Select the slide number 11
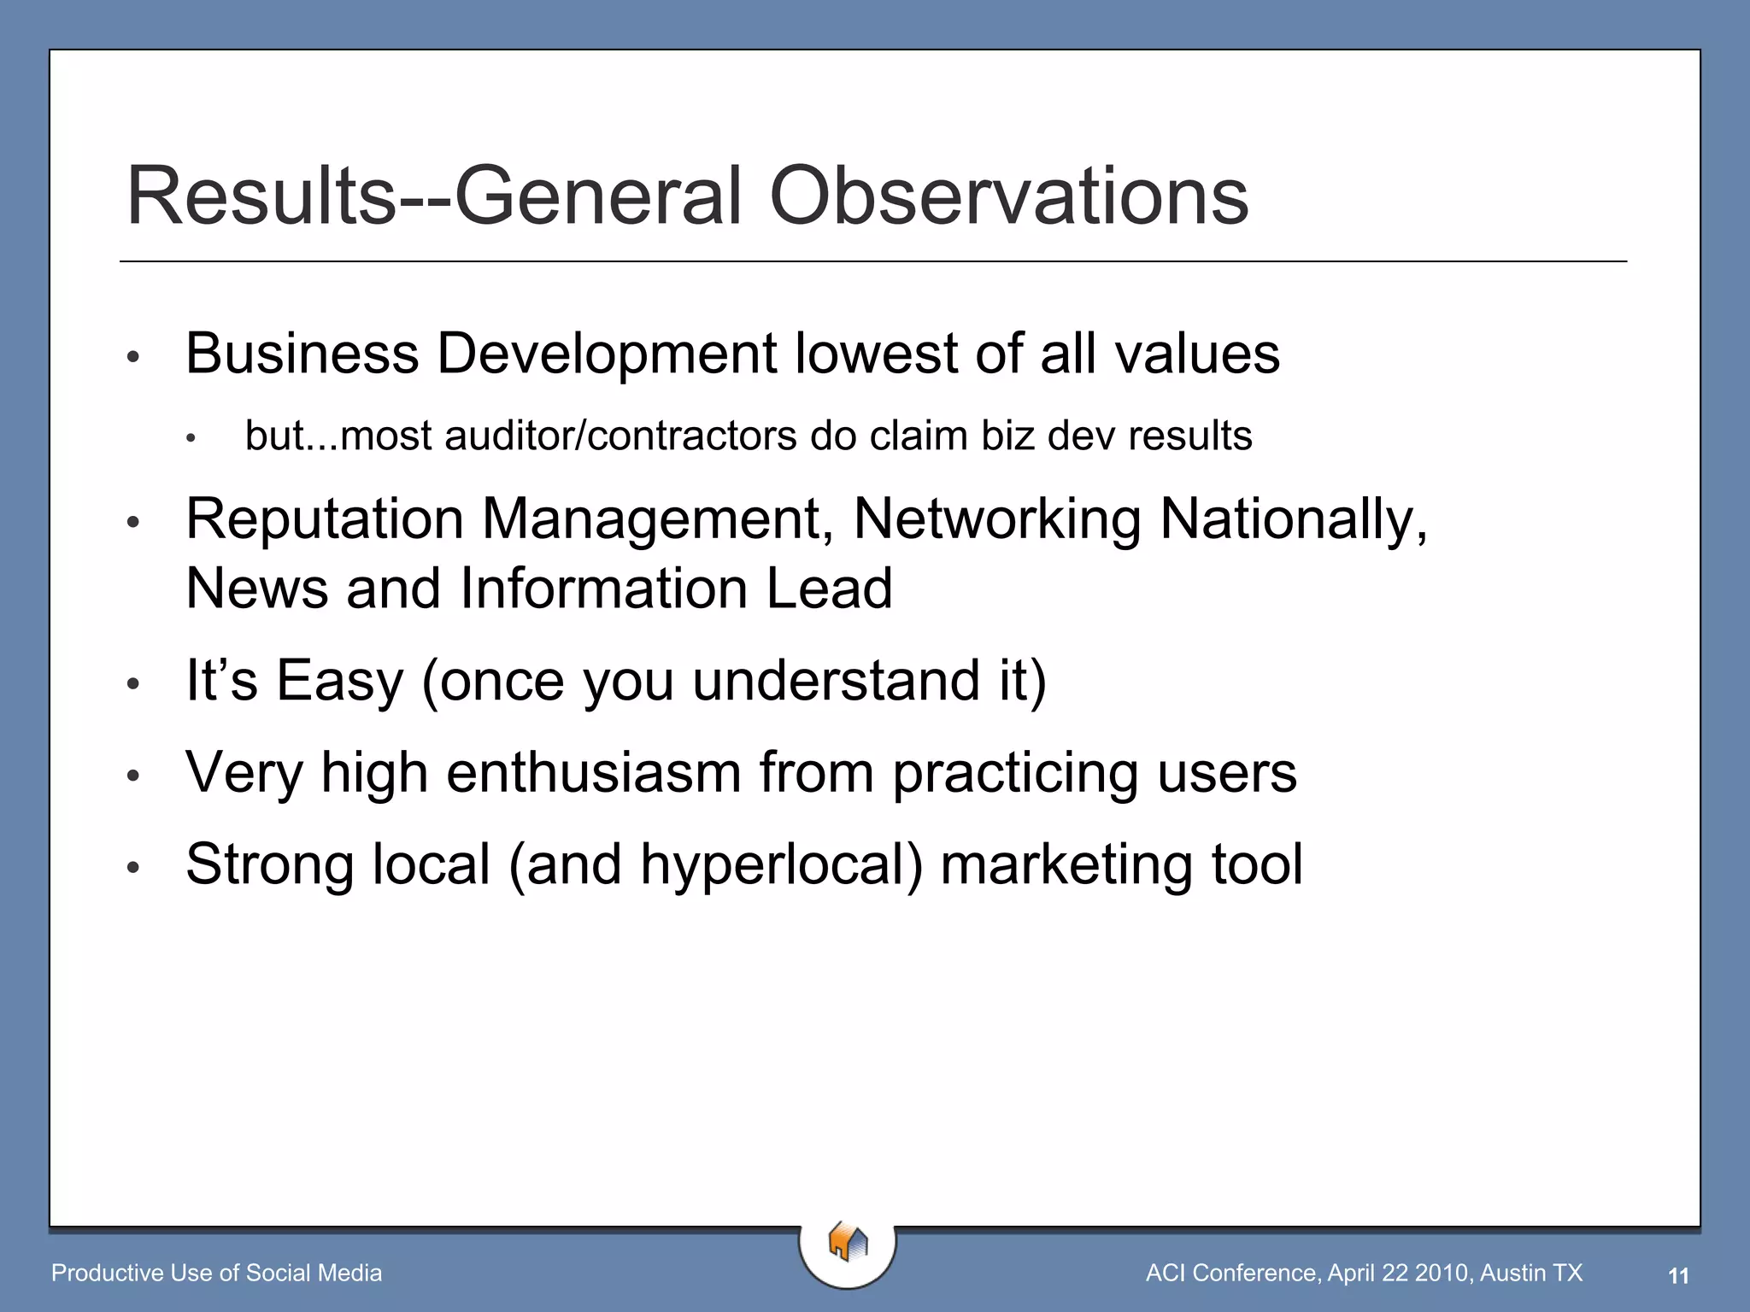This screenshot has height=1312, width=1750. [x=1678, y=1276]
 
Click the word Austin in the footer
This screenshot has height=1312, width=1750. [x=1514, y=1274]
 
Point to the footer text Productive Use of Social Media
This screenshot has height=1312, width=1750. [x=216, y=1274]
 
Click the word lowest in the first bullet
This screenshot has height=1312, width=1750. [x=876, y=354]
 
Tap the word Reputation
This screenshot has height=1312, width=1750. [x=325, y=519]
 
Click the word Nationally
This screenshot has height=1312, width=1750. [x=1293, y=519]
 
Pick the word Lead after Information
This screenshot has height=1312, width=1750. [x=829, y=589]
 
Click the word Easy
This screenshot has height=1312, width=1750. [x=339, y=681]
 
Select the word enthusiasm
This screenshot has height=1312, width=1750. [x=594, y=772]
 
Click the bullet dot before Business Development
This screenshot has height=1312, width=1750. [x=132, y=357]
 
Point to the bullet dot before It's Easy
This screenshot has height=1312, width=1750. [x=132, y=683]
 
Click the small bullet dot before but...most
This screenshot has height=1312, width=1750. [x=191, y=439]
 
